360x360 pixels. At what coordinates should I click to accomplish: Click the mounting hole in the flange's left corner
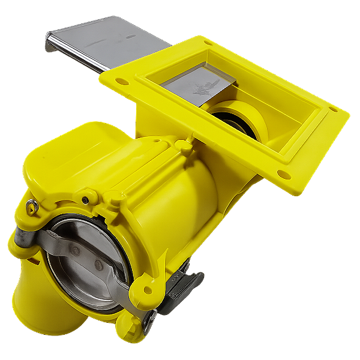(x=119, y=80)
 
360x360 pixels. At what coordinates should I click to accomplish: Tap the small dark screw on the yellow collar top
(x=88, y=200)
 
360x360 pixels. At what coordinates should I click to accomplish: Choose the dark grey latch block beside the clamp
(x=183, y=285)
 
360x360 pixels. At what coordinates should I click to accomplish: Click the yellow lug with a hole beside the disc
(x=147, y=290)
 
